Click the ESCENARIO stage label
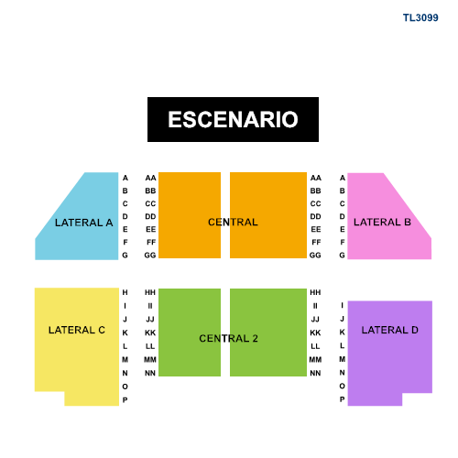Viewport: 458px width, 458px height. point(233,119)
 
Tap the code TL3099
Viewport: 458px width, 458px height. point(420,17)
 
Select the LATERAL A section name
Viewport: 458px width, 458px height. point(84,223)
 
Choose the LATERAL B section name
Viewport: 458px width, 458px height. point(382,222)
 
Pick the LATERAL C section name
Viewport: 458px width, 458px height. point(77,330)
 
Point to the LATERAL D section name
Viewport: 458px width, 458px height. point(390,330)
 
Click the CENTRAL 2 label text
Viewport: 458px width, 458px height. point(228,338)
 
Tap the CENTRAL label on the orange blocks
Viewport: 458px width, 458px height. point(233,222)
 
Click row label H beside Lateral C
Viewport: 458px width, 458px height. point(125,292)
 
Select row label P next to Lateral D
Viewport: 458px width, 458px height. point(343,399)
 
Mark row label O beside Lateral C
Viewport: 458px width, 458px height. point(125,387)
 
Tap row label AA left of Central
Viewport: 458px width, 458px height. point(150,178)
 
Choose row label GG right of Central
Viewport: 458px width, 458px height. point(315,255)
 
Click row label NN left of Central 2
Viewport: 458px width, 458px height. point(150,373)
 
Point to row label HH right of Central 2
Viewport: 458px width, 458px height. point(315,292)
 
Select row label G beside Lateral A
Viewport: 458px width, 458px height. point(125,255)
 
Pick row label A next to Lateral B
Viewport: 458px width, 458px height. point(343,178)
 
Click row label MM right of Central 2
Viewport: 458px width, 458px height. point(315,360)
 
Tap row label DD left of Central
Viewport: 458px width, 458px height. point(150,216)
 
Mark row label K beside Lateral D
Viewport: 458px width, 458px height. point(343,332)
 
